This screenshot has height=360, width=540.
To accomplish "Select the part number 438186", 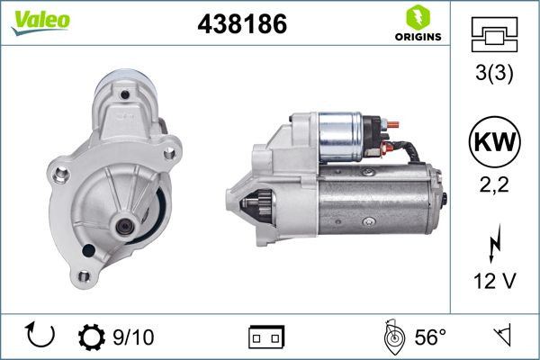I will click(x=241, y=25).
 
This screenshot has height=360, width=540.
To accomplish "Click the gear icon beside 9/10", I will click(x=92, y=337).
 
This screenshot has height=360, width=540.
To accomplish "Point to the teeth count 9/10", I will click(x=132, y=337).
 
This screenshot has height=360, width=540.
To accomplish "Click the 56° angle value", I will click(x=428, y=337).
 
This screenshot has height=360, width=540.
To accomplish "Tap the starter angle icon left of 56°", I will click(x=391, y=337).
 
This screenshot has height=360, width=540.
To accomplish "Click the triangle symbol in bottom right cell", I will click(x=500, y=337).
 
